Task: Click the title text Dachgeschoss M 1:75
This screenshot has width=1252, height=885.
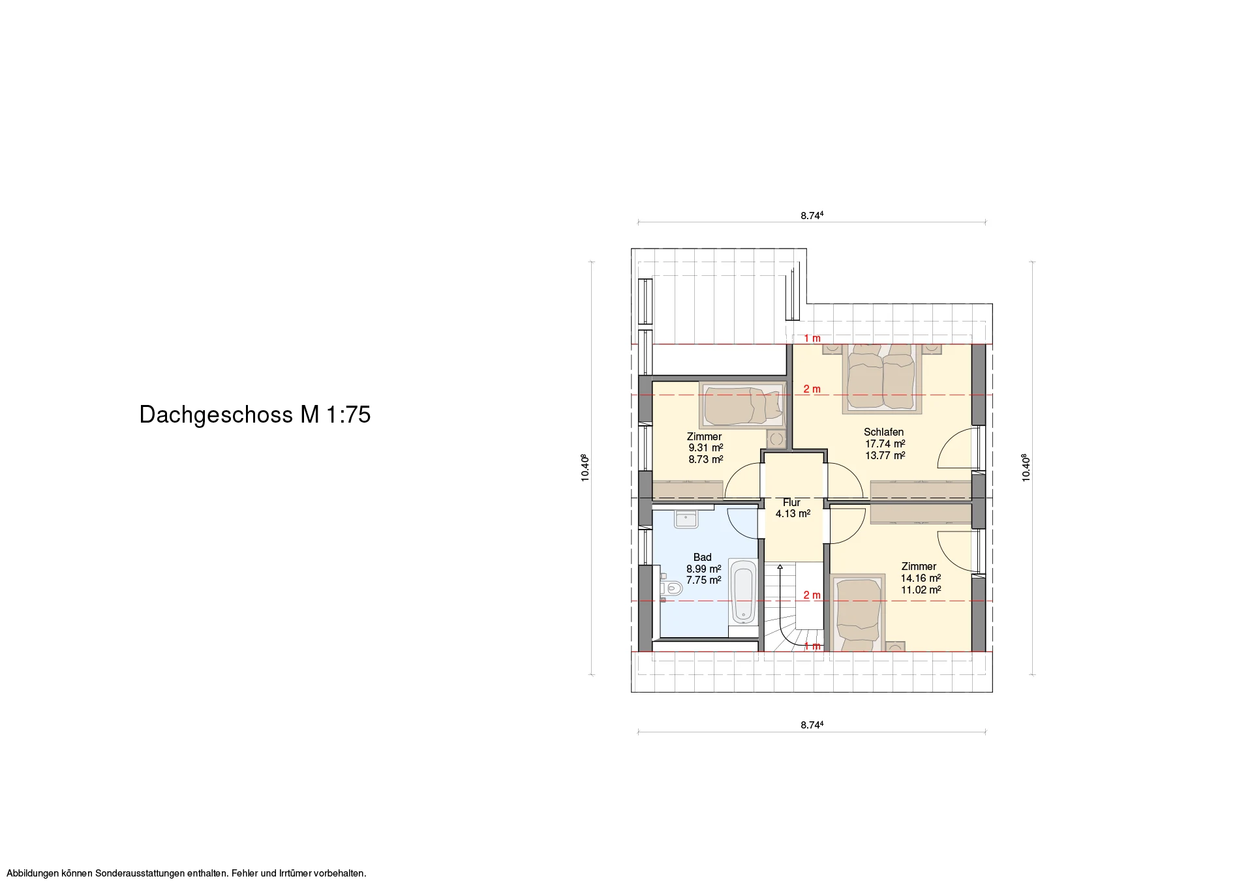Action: [255, 415]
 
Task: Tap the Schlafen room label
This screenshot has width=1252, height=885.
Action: [883, 432]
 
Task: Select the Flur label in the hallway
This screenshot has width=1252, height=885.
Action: [791, 502]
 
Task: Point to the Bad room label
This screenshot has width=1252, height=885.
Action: [703, 557]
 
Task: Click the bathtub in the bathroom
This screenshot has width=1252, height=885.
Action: [743, 592]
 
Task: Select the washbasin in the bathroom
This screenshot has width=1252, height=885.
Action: [686, 519]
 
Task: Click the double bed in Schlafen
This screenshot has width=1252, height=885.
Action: [881, 379]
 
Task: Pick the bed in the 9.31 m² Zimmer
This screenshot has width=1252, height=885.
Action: [743, 405]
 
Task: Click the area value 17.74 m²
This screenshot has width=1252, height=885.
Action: [885, 443]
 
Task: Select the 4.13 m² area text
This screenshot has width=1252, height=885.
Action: [793, 514]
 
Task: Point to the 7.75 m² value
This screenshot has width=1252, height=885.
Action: [703, 580]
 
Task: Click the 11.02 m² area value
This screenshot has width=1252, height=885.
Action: [921, 590]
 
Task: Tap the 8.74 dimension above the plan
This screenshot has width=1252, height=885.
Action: [812, 215]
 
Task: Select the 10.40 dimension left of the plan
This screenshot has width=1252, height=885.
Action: [585, 468]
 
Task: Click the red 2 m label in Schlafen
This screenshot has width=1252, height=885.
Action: [812, 389]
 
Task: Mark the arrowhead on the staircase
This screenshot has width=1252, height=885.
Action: [780, 567]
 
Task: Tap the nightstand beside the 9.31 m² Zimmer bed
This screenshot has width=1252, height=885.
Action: [776, 439]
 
